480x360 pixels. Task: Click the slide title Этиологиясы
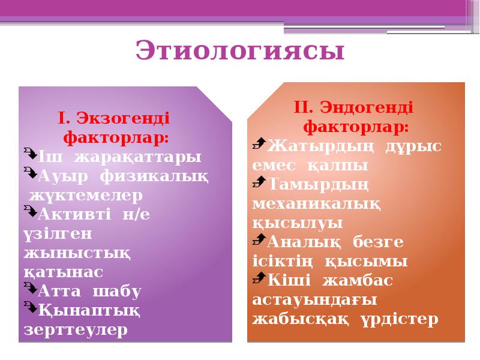point(240,51)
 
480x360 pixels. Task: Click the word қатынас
point(63,272)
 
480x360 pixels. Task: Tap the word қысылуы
point(298,223)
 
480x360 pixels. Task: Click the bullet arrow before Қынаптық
point(30,309)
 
